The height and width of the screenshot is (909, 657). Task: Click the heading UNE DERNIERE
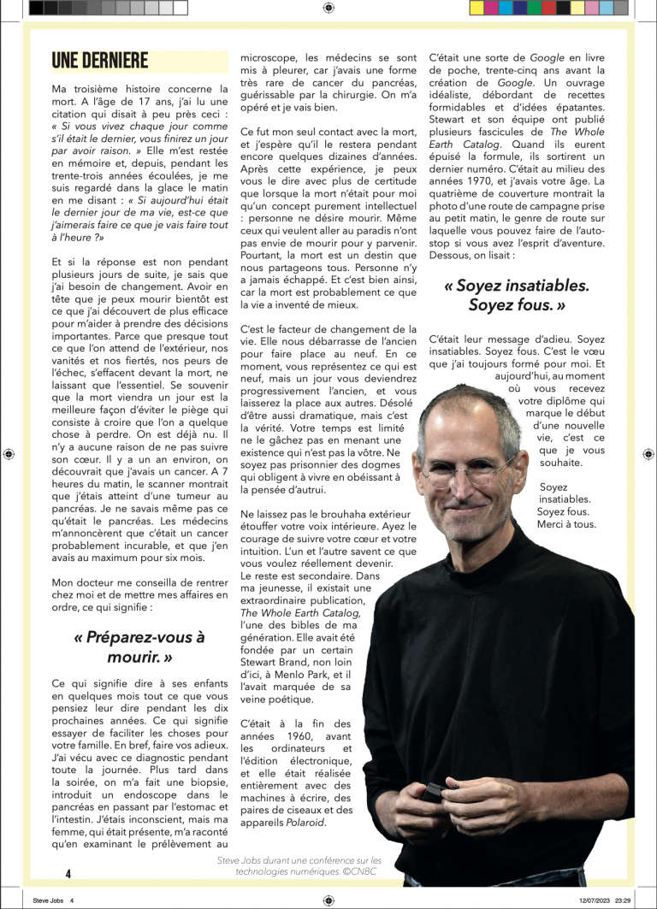[100, 60]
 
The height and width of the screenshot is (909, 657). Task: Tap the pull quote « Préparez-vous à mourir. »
[139, 647]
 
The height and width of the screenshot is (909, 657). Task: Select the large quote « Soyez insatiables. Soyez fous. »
[517, 295]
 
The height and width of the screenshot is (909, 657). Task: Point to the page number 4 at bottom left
[68, 873]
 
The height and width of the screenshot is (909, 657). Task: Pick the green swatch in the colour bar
[534, 8]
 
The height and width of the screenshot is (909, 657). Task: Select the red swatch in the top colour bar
[548, 8]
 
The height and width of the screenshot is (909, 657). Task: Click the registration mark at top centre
[328, 8]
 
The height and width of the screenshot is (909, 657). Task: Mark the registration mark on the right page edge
[649, 454]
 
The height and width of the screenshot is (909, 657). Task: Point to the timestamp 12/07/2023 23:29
[605, 900]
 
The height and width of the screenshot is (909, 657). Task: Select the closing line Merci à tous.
[566, 524]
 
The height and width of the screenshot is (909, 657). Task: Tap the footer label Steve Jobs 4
[54, 900]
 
